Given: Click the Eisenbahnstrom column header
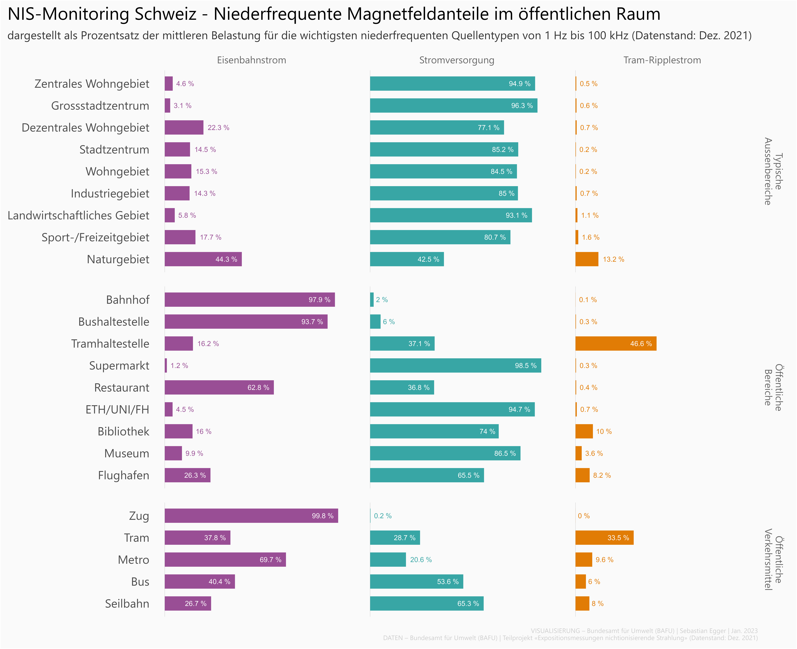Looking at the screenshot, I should point(251,60).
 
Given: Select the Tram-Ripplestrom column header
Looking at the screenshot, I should point(662,60).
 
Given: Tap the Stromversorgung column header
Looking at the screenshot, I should point(457,60).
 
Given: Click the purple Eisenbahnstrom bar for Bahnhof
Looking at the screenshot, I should point(249,299).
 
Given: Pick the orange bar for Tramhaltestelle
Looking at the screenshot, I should point(616,344).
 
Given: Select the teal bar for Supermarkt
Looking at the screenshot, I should point(455,366).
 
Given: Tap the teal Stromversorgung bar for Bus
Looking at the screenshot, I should point(416,582).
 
